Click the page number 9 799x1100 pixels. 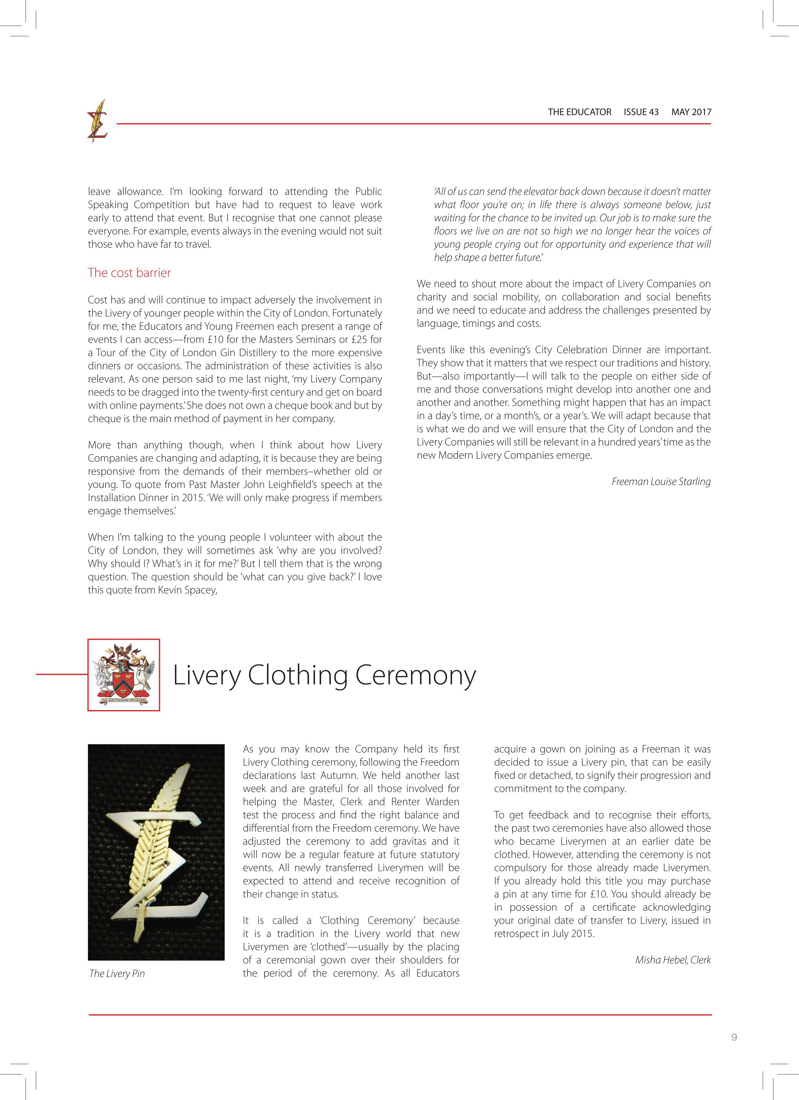[734, 1050]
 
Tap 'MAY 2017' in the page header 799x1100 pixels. [691, 112]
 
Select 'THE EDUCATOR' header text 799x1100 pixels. [579, 112]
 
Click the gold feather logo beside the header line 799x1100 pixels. [98, 121]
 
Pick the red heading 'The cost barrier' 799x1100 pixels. [129, 273]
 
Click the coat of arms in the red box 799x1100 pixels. [124, 675]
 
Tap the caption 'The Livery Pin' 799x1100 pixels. [117, 973]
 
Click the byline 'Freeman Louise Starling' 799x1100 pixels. [661, 481]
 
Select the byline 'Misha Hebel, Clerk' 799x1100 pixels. [672, 960]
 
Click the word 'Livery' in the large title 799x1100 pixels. [207, 675]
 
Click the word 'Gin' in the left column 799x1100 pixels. [219, 352]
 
